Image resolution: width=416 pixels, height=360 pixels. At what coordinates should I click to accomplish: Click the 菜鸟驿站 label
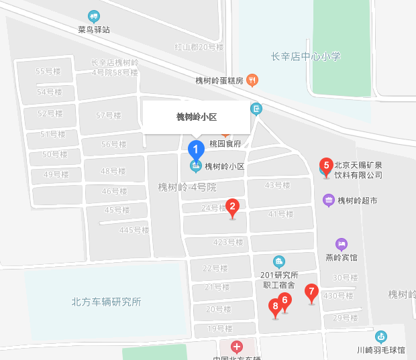(x=94, y=29)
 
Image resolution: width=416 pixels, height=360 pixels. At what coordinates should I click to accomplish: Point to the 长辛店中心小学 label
(x=306, y=56)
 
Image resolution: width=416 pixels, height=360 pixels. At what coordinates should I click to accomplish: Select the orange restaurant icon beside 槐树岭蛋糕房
(x=252, y=80)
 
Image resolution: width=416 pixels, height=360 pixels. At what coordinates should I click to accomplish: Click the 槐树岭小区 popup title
(x=197, y=117)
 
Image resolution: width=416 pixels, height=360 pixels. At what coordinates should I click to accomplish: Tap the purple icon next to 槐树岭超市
(x=329, y=200)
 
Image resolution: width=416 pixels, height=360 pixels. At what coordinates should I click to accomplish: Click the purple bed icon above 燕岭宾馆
(x=341, y=244)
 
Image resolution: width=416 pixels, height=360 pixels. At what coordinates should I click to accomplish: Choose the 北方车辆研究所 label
(x=106, y=302)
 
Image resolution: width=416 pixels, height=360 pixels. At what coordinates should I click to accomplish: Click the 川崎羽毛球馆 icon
(x=381, y=337)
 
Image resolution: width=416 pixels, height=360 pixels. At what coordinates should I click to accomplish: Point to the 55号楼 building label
(x=48, y=71)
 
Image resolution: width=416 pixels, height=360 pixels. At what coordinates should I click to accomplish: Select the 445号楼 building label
(x=134, y=230)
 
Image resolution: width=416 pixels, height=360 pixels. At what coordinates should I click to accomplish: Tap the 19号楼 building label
(x=219, y=328)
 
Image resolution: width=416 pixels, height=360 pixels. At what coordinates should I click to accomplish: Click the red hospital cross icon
(x=236, y=347)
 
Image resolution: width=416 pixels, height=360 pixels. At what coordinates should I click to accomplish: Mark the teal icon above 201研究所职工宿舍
(x=279, y=261)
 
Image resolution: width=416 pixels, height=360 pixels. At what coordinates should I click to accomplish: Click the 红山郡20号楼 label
(x=199, y=47)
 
